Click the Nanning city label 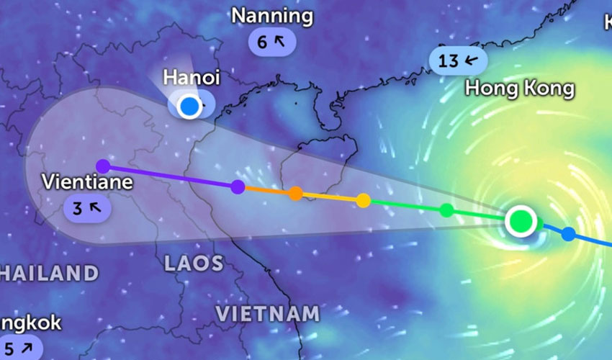pos(272,16)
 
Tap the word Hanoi pos(191,77)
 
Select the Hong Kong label pos(519,89)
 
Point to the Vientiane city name pos(87,181)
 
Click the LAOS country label pos(194,264)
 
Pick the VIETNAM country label pos(267,314)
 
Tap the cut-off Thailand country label pos(48,273)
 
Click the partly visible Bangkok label pos(29,323)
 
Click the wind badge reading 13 pos(456,60)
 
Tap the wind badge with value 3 pos(87,209)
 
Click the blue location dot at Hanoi pos(189,107)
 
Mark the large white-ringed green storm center pos(520,220)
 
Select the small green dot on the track pos(446,210)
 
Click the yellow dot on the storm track pos(364,200)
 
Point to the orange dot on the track pos(295,193)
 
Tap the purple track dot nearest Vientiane pos(103,166)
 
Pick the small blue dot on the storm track pos(568,233)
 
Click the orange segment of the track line pos(266,190)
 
